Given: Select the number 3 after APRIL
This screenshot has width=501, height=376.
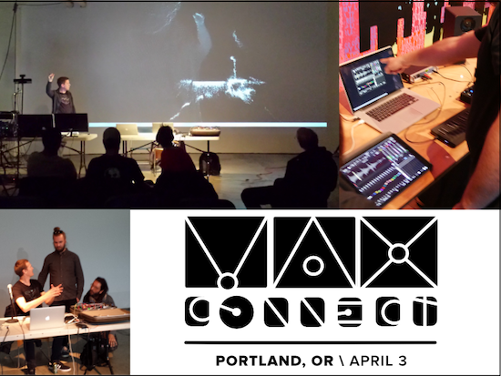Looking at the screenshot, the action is pos(403,361).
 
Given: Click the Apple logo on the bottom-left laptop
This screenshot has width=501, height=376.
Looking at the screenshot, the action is pos(47,318).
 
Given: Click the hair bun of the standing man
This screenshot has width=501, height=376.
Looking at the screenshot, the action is pos(57,230).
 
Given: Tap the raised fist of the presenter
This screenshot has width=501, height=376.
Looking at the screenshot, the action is pos(51,77).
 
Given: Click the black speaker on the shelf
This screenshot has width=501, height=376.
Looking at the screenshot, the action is pos(463,20).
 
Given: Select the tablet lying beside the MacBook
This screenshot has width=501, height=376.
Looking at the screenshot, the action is pos(385,171).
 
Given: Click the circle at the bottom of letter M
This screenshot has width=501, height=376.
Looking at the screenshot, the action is pos(228,282).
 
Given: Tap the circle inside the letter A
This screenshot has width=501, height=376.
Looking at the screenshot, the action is pos(313,266).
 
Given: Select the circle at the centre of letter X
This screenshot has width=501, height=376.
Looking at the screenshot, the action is pos(398,253).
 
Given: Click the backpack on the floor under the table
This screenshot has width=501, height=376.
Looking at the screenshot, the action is pos(210,164).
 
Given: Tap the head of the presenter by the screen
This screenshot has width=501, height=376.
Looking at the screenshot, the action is pos(64,83).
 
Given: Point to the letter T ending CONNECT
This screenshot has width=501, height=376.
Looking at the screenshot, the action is pos(424,311).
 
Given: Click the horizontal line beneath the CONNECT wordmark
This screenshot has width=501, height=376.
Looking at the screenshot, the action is pos(311,343).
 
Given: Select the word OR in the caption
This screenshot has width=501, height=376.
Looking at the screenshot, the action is pos(322,361).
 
